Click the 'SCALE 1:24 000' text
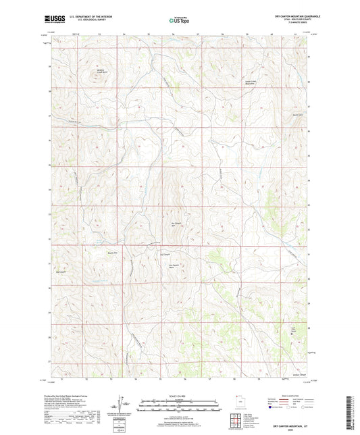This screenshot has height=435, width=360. [x=180, y=396]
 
